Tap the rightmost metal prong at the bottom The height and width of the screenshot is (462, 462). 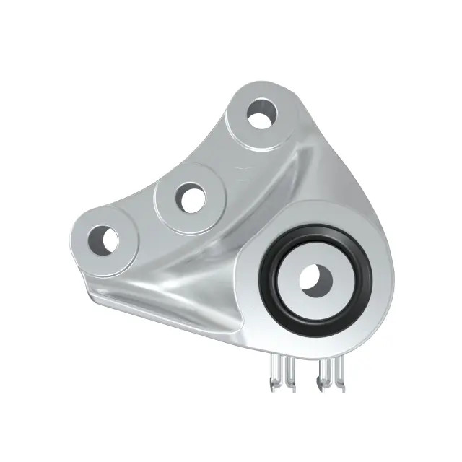pos(337,375)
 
